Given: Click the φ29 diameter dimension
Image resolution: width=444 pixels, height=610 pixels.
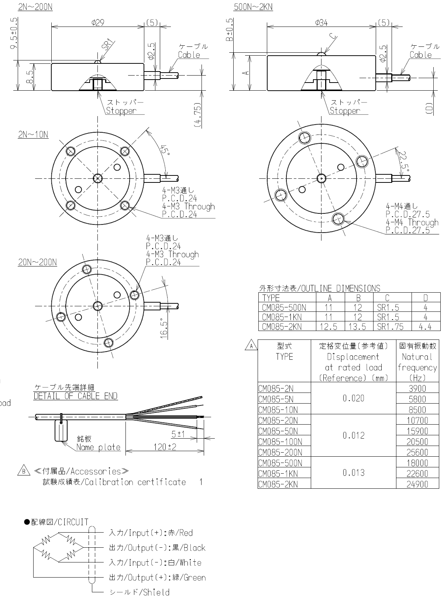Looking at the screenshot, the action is click(98, 22).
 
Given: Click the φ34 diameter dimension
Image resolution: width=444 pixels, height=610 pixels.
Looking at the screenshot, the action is click(321, 22).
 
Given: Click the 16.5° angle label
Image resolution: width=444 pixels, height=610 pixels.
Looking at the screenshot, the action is click(164, 328).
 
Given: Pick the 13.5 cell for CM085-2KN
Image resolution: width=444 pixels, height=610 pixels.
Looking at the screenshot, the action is click(358, 327).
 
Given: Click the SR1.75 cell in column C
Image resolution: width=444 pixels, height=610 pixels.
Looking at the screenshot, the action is click(390, 327).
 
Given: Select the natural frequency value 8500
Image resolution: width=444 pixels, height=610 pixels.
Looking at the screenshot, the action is click(417, 410).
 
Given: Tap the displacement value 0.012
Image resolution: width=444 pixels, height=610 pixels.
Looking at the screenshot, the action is click(354, 435).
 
